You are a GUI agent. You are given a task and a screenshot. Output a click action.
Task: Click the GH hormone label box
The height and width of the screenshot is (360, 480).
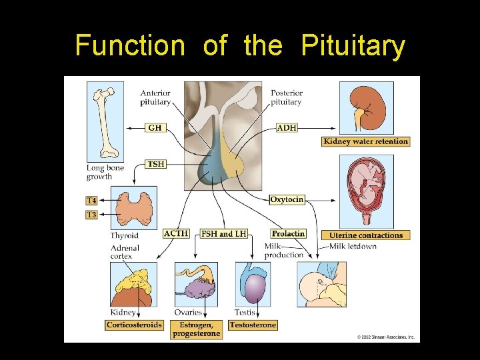(x=155, y=127)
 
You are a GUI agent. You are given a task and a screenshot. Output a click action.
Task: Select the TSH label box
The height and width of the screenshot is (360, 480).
(x=156, y=164)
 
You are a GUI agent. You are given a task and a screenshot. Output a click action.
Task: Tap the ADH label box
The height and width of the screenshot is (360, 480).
(x=287, y=127)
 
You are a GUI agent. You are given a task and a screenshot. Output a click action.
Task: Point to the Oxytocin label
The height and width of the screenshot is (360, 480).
(x=287, y=199)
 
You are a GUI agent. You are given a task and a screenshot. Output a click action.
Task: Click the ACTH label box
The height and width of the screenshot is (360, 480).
(x=176, y=233)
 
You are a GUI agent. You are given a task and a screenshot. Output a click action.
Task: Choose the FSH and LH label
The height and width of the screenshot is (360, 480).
(x=224, y=233)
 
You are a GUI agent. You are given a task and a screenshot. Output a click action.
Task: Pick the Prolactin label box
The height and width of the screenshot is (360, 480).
(x=288, y=233)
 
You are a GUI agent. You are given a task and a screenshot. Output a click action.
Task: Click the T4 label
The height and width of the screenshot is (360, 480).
(x=91, y=201)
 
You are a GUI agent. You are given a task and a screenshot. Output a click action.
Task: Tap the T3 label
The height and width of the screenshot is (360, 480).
(x=91, y=215)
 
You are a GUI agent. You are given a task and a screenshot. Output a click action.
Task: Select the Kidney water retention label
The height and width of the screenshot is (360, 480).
(x=365, y=141)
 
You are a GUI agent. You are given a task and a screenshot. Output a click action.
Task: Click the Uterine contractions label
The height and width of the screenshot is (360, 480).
(x=366, y=235)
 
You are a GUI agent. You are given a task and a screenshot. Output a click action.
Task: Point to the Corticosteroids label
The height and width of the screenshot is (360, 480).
(x=134, y=325)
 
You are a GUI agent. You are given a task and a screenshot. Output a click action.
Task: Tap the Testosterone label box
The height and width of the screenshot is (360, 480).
(x=253, y=325)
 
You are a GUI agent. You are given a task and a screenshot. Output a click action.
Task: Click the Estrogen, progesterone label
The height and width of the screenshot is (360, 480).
(x=196, y=329)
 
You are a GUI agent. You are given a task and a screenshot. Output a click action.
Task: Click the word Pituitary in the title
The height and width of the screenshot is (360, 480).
(x=353, y=46)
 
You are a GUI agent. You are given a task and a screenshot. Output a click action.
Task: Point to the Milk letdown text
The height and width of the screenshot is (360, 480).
(x=353, y=246)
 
